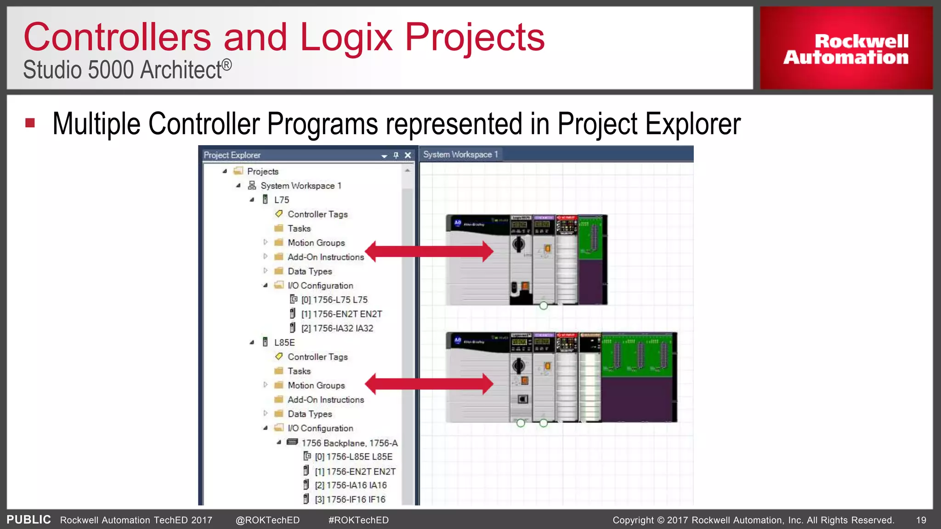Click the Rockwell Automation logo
[x=845, y=49]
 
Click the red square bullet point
[x=30, y=123]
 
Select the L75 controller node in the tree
[x=281, y=200]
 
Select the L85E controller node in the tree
[x=284, y=343]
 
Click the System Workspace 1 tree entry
[x=300, y=186]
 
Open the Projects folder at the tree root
[x=262, y=171]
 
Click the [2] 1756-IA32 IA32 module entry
[x=337, y=328]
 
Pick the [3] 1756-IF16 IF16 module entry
[x=350, y=499]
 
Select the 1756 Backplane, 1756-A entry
[x=349, y=443]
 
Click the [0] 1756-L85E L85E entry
[x=353, y=457]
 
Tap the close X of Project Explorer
[x=408, y=155]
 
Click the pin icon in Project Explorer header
[x=396, y=155]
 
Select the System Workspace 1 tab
[x=460, y=155]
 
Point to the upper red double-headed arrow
[x=430, y=251]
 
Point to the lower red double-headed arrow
[x=430, y=384]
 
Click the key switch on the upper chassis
[x=519, y=244]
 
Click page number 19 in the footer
[x=921, y=520]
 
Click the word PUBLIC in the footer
[x=28, y=519]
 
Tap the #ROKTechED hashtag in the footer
[x=358, y=520]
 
